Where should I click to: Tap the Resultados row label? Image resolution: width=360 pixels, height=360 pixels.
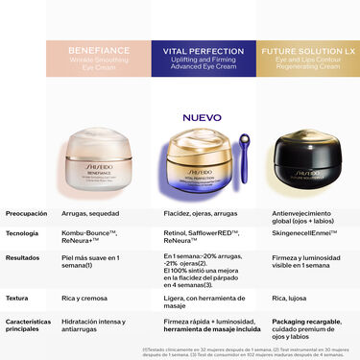[x=24, y=257]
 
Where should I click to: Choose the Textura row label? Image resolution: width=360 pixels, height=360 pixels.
[x=18, y=300]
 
